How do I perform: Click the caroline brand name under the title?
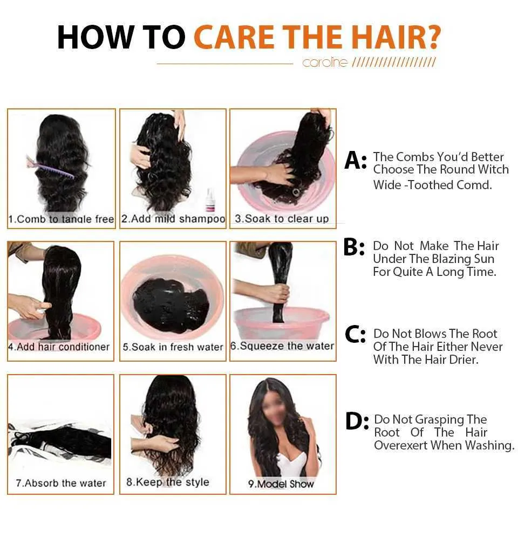325,63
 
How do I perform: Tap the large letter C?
355,335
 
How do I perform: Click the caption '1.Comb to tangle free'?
61,219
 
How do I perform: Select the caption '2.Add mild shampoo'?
173,219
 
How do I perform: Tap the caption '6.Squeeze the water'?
282,346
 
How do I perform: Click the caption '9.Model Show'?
281,483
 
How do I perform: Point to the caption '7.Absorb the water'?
61,483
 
